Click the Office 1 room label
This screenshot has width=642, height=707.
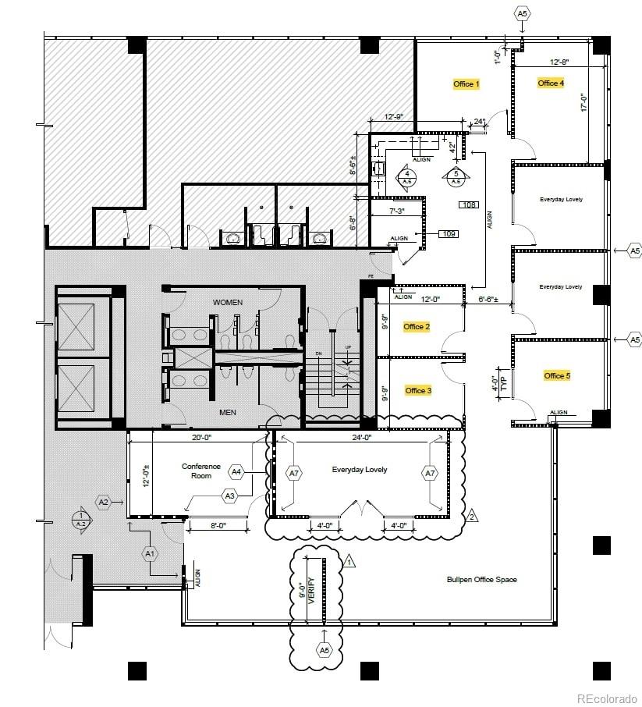tap(466, 83)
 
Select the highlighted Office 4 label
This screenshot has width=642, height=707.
tap(551, 83)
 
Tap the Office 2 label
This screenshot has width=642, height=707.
tap(417, 326)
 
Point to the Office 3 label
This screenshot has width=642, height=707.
tap(418, 390)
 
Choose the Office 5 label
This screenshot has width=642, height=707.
tap(557, 375)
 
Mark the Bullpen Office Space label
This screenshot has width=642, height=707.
tap(481, 579)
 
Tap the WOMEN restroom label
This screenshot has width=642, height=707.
tap(228, 302)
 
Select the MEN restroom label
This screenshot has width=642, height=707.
tap(228, 412)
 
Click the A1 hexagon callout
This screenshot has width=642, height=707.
tap(150, 552)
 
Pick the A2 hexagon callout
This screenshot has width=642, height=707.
tap(104, 502)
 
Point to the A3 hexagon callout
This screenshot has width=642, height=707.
tap(229, 496)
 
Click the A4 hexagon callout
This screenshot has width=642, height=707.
tap(236, 471)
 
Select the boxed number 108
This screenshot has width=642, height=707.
tap(469, 205)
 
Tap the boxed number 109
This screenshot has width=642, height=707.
tap(448, 233)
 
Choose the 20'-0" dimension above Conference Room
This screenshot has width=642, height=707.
tap(202, 438)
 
